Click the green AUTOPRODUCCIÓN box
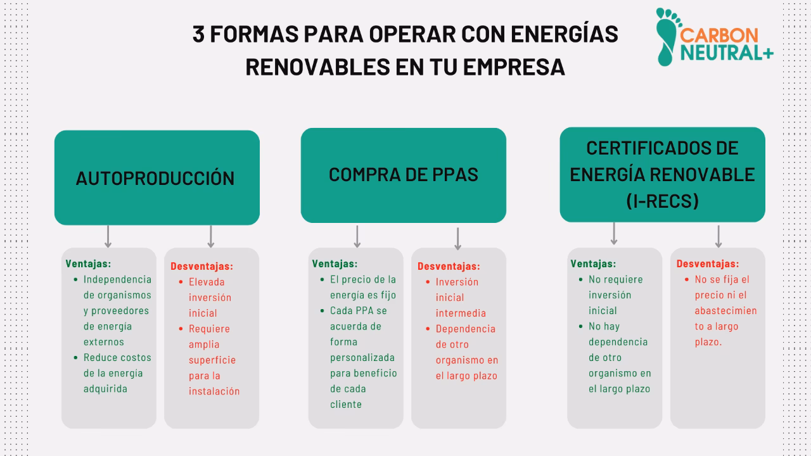tap(156, 178)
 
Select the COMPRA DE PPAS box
tap(403, 175)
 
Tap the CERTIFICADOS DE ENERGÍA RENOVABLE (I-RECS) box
tap(662, 174)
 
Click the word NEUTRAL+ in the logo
tap(727, 54)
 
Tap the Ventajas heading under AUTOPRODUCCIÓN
tap(88, 263)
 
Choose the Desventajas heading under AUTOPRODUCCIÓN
tap(201, 267)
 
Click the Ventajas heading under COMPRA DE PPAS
tap(335, 263)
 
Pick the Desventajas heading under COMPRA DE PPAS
tap(449, 267)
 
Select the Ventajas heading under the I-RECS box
tap(593, 263)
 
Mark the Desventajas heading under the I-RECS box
tap(708, 263)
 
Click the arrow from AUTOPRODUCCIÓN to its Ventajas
tap(108, 236)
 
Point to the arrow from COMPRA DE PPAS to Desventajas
tap(457, 238)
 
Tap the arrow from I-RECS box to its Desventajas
tap(718, 236)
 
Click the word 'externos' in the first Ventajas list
tap(104, 342)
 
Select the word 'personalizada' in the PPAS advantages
tap(362, 357)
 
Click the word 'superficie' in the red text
tap(212, 360)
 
